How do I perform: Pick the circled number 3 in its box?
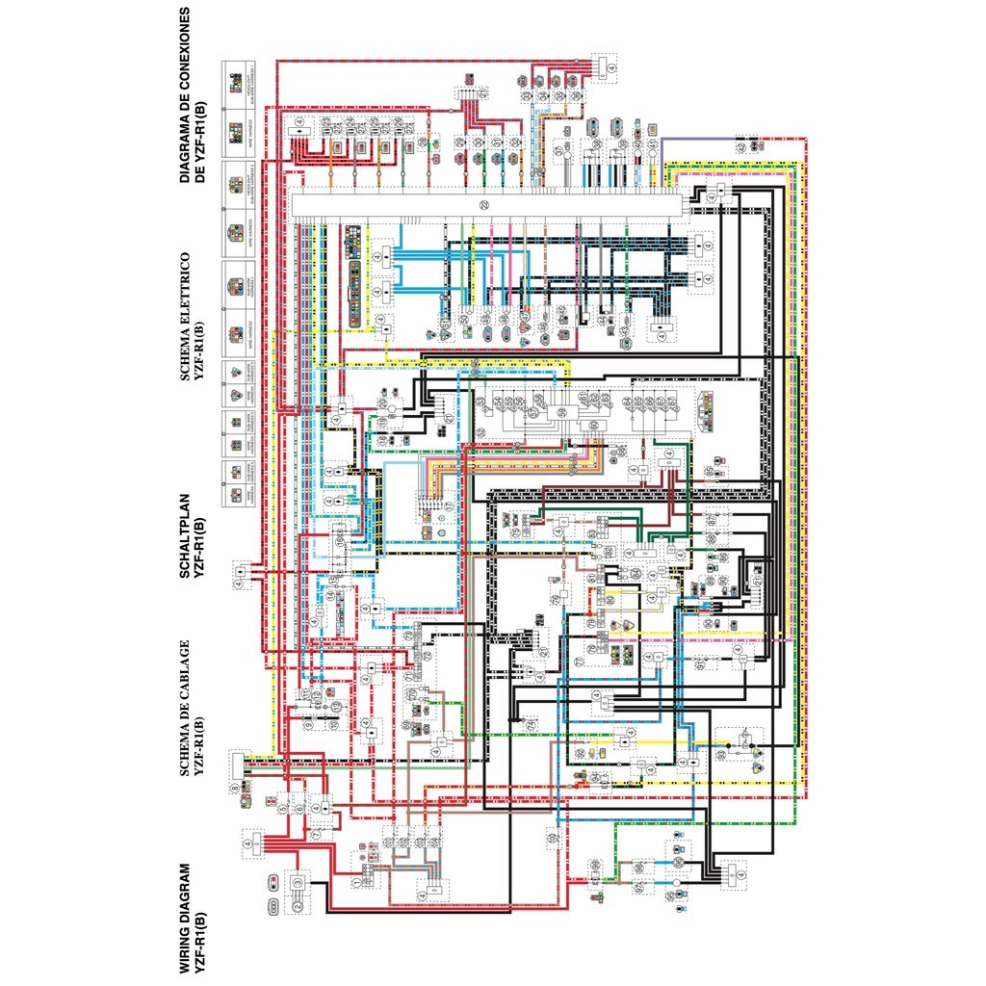pos(298,882)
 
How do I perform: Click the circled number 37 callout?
pos(559,152)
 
